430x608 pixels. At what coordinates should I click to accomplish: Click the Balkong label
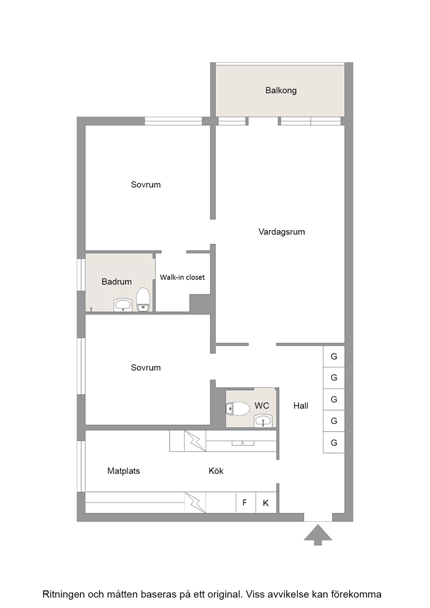coord(281,90)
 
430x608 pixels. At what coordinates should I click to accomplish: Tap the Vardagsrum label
coord(282,232)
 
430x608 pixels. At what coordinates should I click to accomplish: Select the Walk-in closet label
coord(182,277)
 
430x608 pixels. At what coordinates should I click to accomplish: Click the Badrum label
coord(116,281)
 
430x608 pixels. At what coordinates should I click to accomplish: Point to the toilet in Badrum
coord(143,300)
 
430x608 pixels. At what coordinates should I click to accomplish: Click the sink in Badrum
coord(124,305)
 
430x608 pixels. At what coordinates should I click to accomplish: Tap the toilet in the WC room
coord(238,408)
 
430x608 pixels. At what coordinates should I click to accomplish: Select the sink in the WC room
coord(264,421)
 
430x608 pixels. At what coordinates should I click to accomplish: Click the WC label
coord(262,405)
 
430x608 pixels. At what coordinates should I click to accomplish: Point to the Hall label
coord(301,405)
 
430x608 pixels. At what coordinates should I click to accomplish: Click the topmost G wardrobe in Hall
coord(334,356)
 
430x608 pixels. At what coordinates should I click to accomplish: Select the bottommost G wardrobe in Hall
coord(334,442)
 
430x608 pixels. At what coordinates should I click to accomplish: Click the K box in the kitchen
coord(266,502)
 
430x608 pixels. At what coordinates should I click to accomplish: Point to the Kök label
coord(216,471)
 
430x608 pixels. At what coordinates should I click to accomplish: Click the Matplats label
coord(124,471)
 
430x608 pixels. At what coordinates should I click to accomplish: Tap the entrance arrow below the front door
coord(318,535)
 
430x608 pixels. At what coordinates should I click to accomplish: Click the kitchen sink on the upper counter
coord(243,442)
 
